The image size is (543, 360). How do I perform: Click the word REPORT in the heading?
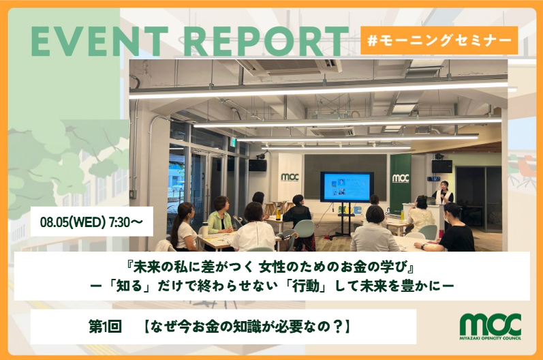[266, 41]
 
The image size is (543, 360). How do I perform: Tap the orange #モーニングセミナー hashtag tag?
[439, 40]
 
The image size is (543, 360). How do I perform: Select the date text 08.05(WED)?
[72, 222]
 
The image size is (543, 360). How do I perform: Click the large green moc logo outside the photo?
[491, 324]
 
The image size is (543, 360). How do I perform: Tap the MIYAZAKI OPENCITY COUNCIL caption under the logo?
[491, 337]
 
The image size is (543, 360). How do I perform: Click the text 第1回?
[105, 327]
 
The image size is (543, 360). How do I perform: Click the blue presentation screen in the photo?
[347, 187]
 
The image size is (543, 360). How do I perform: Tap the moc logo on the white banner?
[290, 177]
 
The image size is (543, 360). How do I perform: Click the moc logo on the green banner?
[401, 178]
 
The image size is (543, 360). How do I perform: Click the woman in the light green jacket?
[219, 216]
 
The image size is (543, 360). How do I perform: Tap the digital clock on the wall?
[433, 179]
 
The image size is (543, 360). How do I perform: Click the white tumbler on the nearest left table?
[205, 230]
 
